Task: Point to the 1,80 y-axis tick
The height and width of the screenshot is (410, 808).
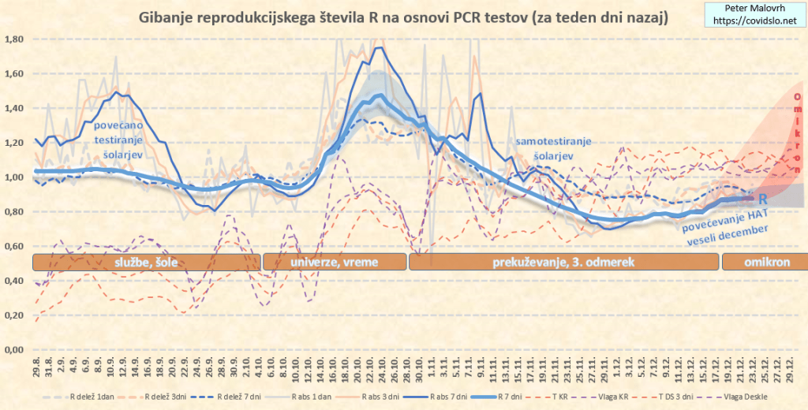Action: coord(16,39)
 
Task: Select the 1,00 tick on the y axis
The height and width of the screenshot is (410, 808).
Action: coord(16,177)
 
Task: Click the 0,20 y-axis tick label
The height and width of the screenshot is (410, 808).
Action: coord(16,315)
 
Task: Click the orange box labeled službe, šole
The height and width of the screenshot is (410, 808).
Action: coord(145,263)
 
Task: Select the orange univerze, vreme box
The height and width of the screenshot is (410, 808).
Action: coord(333,263)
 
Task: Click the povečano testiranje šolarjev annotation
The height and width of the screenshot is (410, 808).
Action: coord(119,140)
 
